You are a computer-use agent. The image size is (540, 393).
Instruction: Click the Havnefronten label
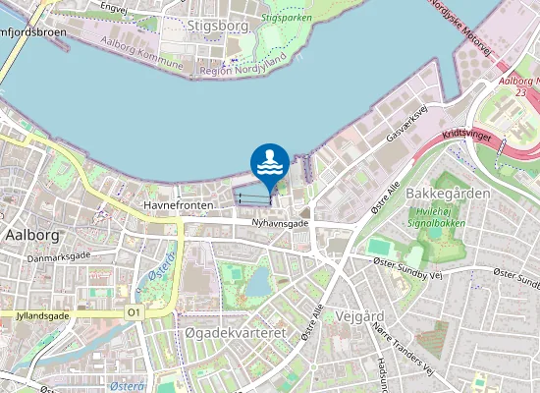[x=178, y=204]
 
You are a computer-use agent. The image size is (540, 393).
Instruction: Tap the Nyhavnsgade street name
[x=280, y=224]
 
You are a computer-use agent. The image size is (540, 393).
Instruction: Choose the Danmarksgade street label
[x=58, y=258]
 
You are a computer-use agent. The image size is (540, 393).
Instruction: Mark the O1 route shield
[x=135, y=312]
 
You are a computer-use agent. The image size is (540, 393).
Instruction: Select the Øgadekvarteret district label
[x=235, y=334]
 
